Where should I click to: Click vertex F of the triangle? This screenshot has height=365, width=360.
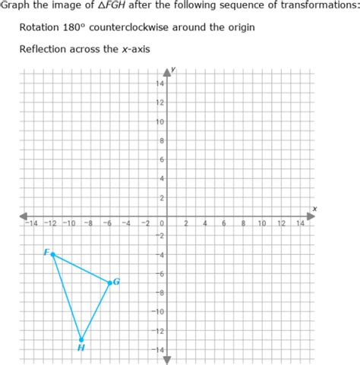point(52,254)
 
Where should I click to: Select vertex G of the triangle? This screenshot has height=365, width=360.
point(110,282)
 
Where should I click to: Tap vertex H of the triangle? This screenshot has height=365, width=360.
point(81,339)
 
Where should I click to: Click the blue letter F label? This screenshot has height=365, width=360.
point(46,252)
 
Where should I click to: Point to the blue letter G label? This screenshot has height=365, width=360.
point(116,282)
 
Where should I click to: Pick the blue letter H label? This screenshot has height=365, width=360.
point(81,348)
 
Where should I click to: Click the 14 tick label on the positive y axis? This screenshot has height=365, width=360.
point(160,83)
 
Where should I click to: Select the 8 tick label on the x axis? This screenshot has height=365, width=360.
point(243,224)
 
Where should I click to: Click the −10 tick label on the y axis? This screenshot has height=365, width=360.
point(159,312)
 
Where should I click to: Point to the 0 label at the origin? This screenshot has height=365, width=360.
point(162,224)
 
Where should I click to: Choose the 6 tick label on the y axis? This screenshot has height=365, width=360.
point(162,159)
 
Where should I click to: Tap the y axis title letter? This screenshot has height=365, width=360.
point(175,69)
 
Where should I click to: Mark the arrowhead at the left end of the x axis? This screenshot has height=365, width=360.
point(24,216)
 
